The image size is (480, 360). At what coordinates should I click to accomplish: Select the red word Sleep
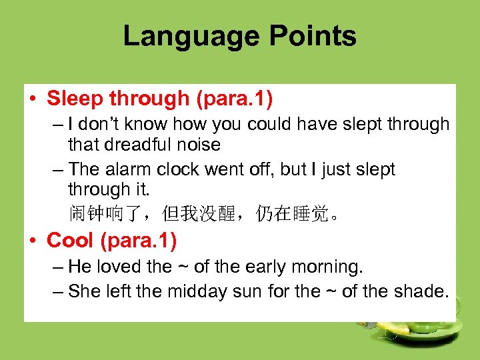coord(75,99)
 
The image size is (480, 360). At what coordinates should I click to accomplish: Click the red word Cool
coord(71,240)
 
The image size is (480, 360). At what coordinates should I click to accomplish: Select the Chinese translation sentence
coord(207,213)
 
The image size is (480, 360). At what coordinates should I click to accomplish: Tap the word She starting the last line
coord(83,291)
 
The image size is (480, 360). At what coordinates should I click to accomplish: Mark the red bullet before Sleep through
coord(32,99)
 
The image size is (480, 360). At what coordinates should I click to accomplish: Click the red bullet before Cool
coord(32,241)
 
